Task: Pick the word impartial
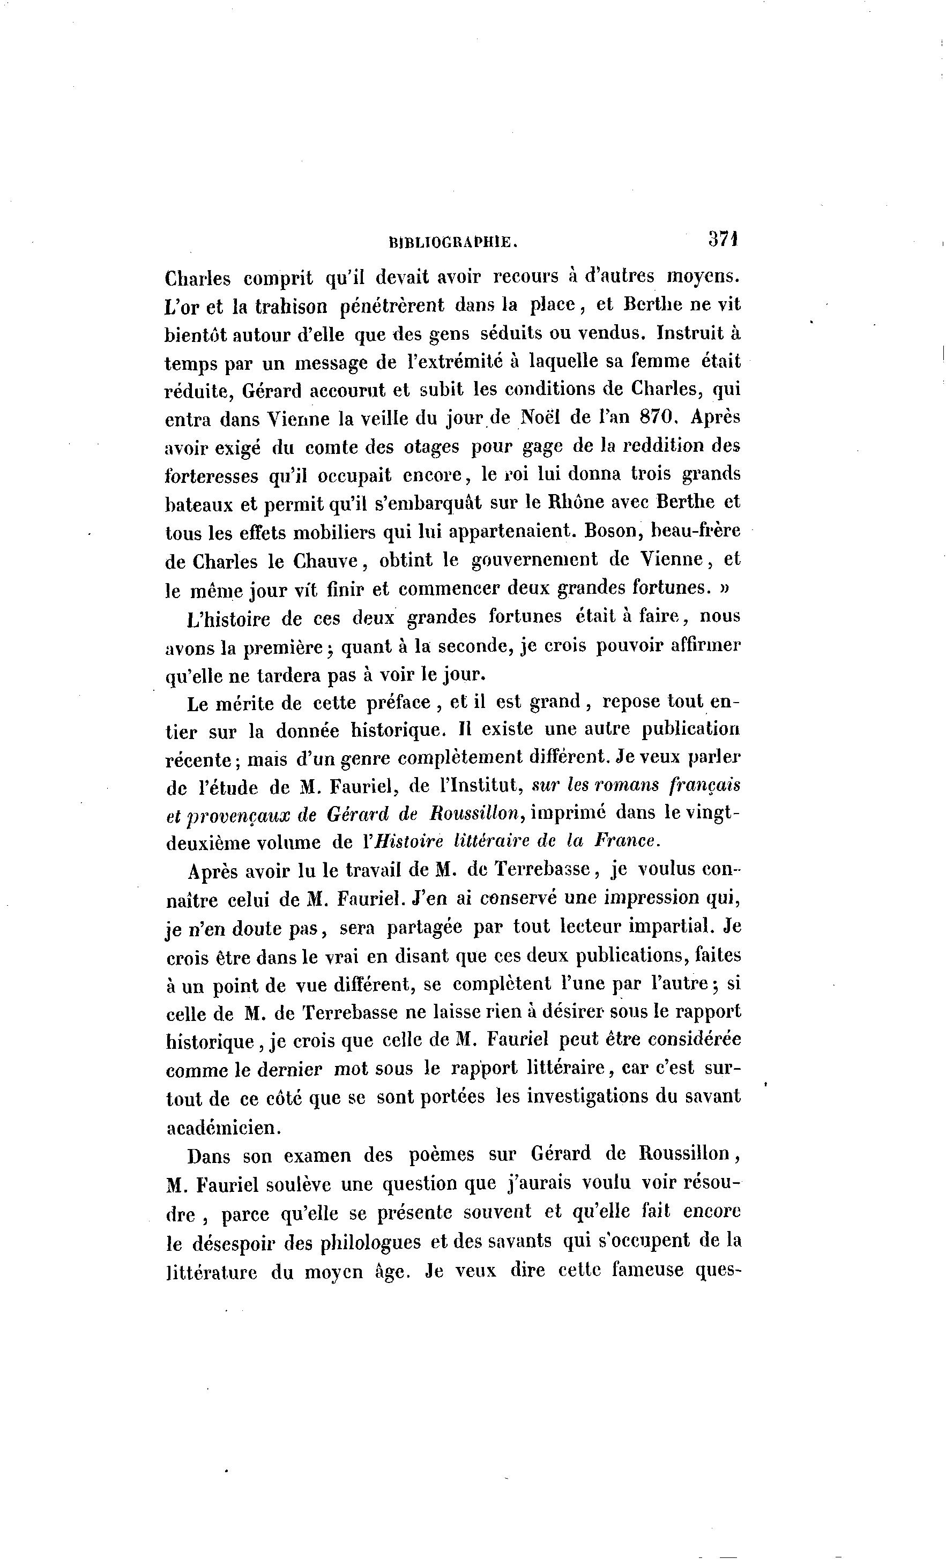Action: tap(669, 926)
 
